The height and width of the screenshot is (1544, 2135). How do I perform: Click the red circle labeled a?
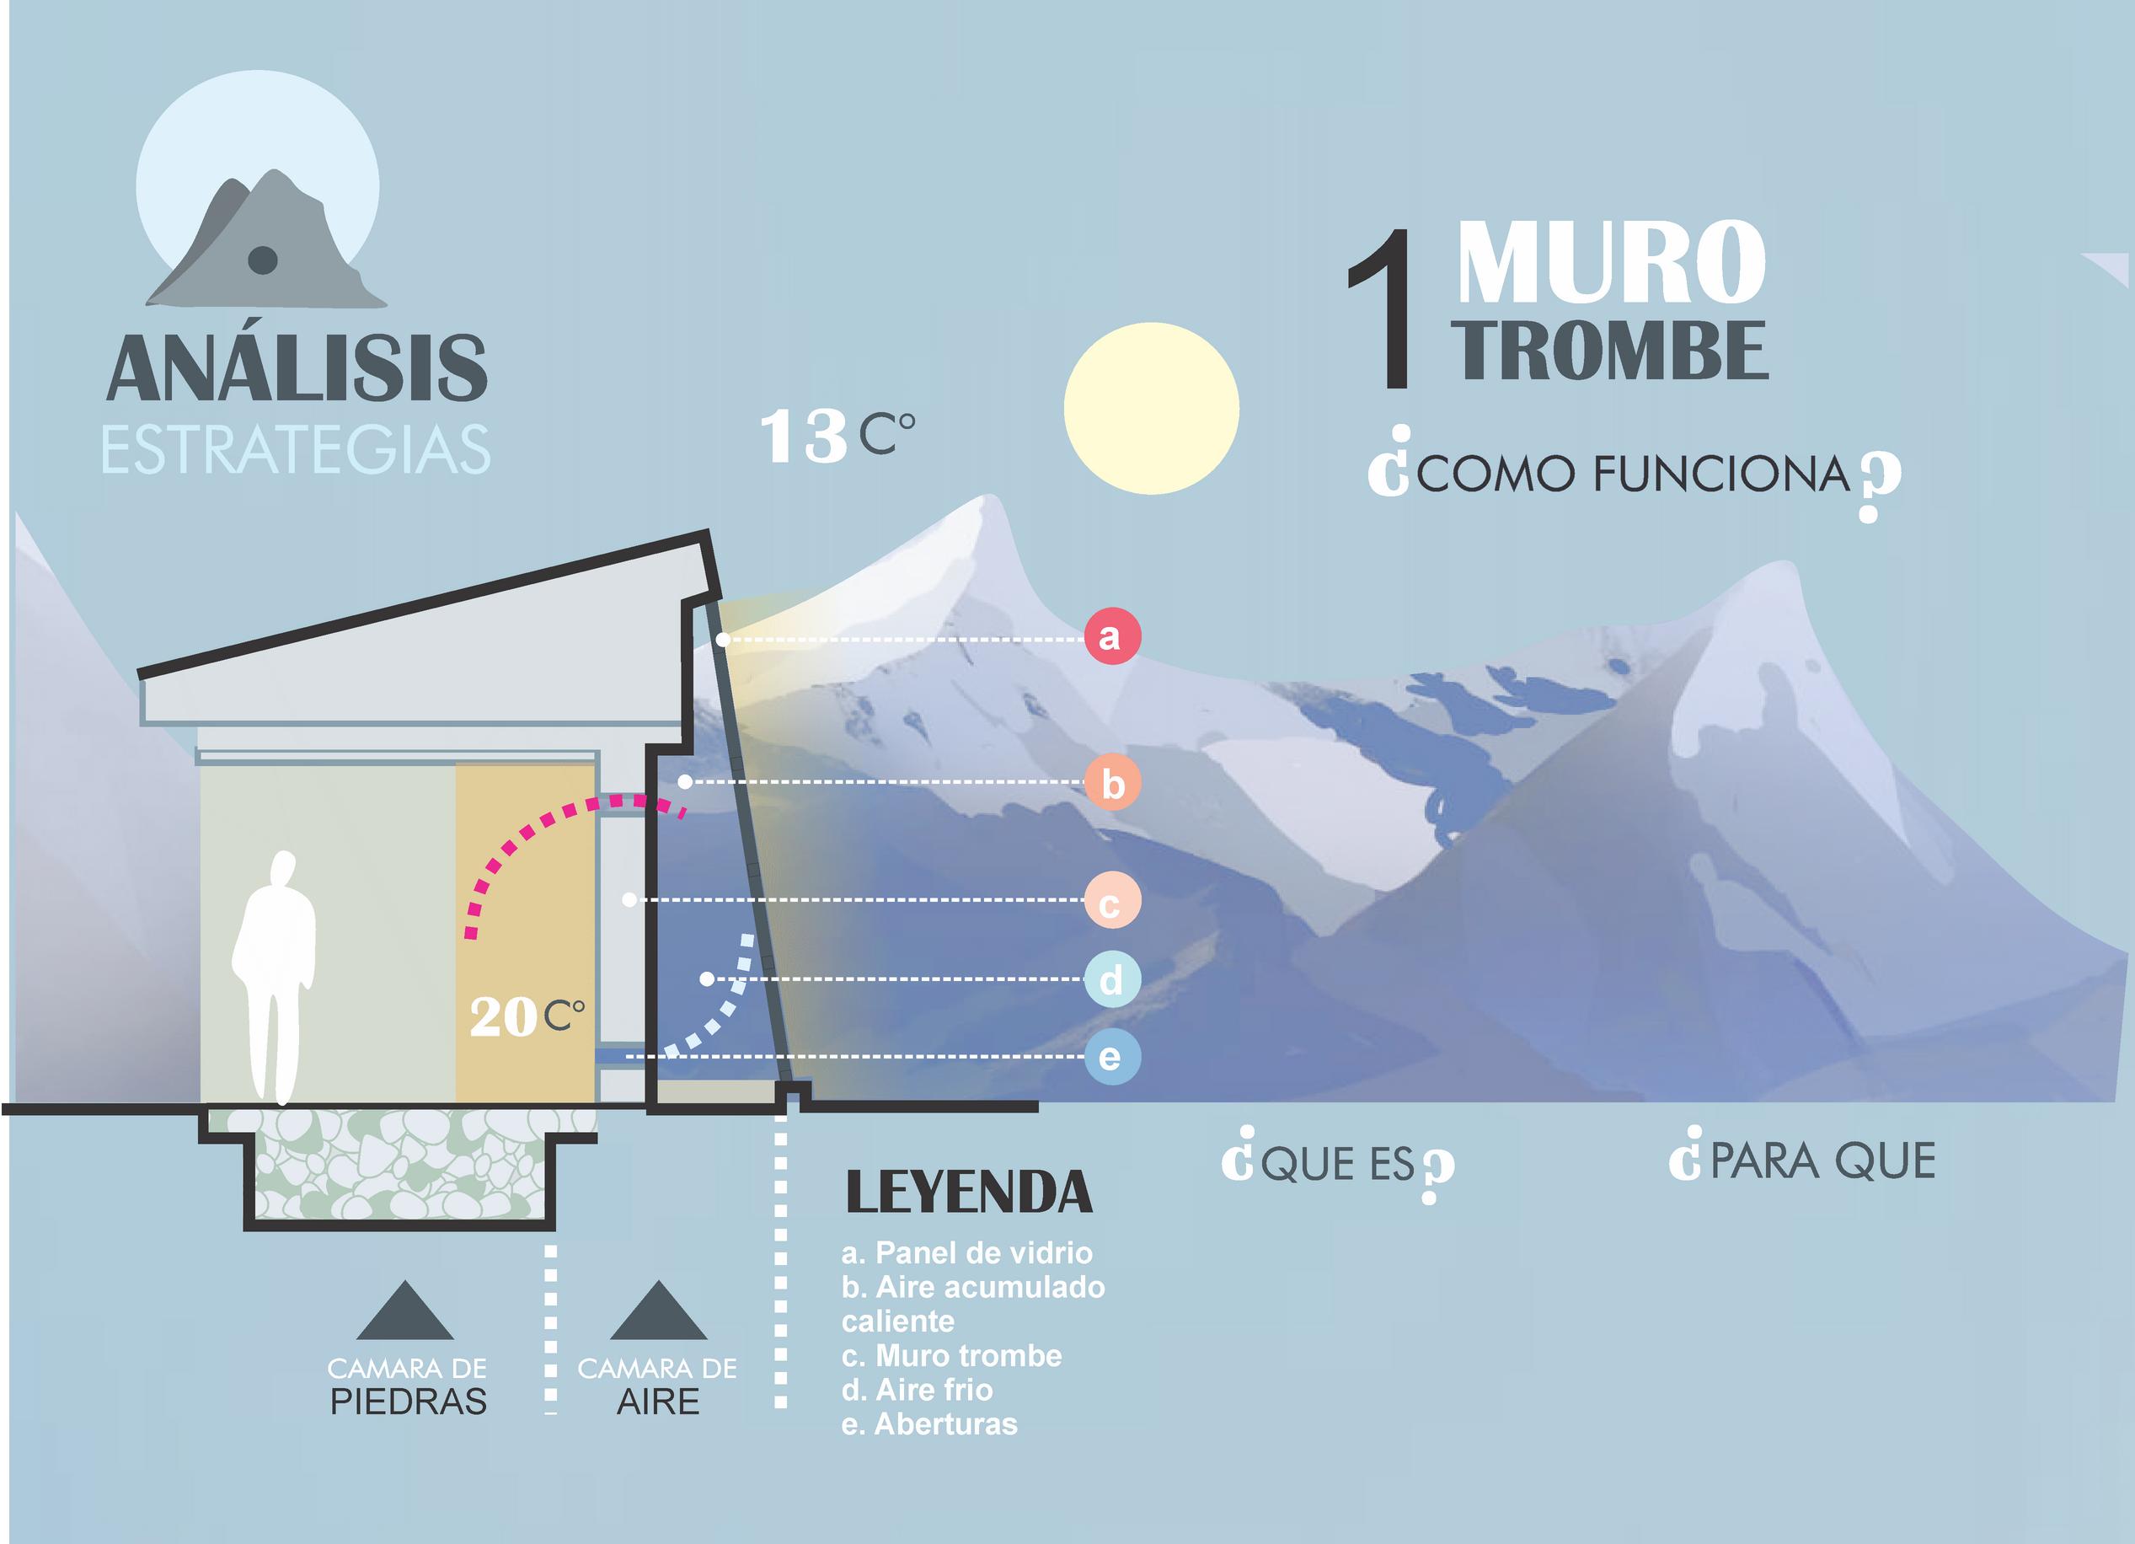click(x=1112, y=636)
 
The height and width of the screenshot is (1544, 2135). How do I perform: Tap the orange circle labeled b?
click(x=1113, y=783)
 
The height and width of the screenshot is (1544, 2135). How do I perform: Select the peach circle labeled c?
click(x=1112, y=901)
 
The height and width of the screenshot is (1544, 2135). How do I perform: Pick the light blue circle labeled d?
click(x=1112, y=980)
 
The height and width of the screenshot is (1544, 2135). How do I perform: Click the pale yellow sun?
click(x=1151, y=409)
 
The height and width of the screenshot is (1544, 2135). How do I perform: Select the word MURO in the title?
click(x=1611, y=264)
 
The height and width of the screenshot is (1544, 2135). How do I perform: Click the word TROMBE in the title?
click(x=1613, y=351)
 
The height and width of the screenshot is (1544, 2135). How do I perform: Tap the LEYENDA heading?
click(x=969, y=1193)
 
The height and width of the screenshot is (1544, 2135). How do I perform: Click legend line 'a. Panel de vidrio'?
click(x=966, y=1253)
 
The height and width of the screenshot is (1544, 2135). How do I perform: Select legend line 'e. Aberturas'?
click(x=929, y=1423)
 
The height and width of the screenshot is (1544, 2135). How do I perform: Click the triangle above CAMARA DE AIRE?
click(x=658, y=1311)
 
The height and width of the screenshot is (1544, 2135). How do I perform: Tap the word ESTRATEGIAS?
click(x=296, y=451)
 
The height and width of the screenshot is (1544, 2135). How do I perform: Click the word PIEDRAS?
click(x=408, y=1402)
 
